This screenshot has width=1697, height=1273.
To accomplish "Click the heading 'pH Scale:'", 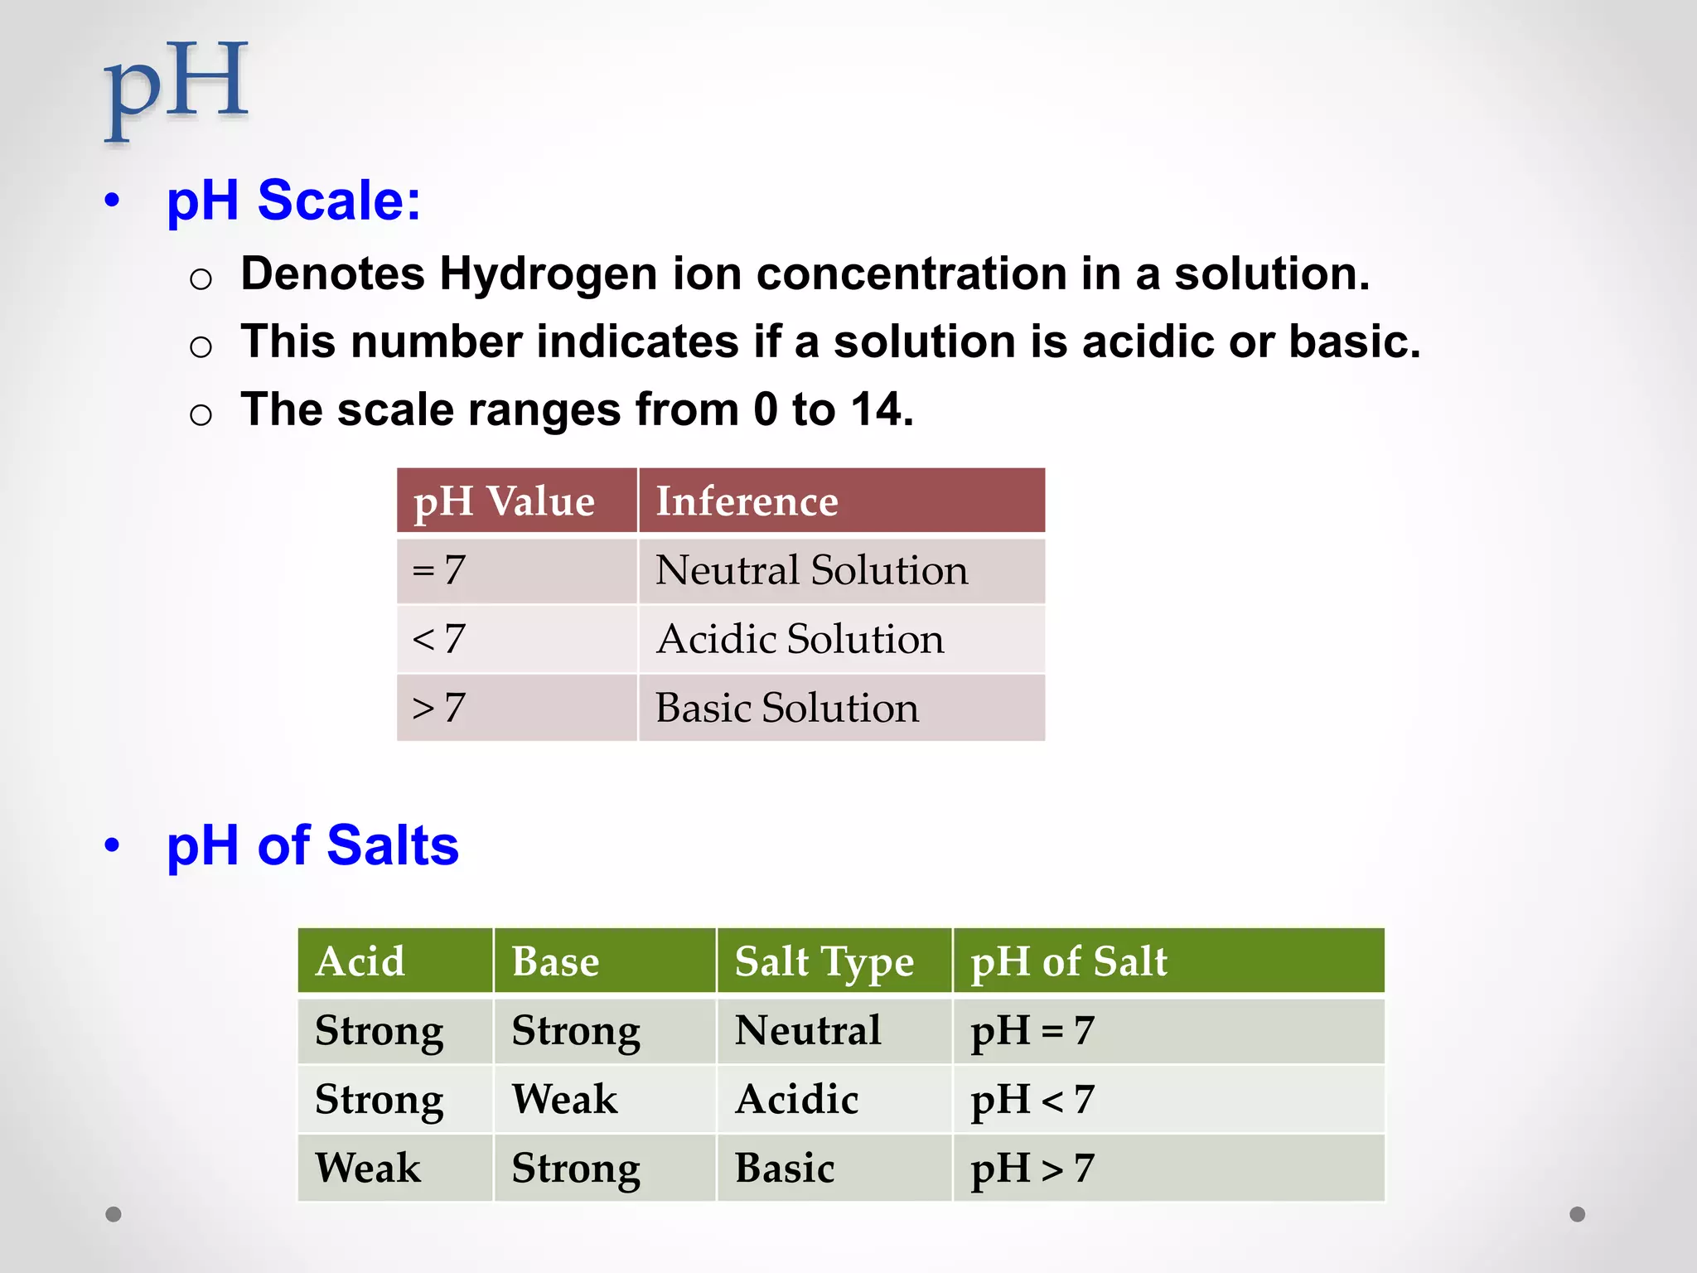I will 293,201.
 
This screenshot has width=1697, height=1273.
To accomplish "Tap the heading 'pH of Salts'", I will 312,845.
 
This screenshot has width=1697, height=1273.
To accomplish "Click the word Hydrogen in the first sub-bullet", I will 548,273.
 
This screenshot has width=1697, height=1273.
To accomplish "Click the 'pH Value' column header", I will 504,501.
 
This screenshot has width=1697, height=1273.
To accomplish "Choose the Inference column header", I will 747,501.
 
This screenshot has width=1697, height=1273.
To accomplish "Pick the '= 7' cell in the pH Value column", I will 439,570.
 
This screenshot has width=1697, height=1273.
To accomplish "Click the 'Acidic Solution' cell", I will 800,639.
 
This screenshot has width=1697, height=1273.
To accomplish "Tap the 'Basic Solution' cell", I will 787,708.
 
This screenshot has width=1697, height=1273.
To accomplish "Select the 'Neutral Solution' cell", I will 811,570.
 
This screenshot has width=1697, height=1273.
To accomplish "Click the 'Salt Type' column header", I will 824,961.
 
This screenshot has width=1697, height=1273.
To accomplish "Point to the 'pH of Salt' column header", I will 1068,961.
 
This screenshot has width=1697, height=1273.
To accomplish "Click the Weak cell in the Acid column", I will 368,1168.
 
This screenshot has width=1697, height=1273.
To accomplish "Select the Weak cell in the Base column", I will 564,1099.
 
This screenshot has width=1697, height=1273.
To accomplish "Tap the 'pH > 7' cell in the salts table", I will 1032,1168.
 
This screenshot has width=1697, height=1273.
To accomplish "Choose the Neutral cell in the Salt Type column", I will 808,1030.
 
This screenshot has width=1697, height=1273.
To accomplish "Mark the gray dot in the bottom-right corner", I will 1578,1214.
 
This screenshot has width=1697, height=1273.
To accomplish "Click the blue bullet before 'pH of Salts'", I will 113,845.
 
